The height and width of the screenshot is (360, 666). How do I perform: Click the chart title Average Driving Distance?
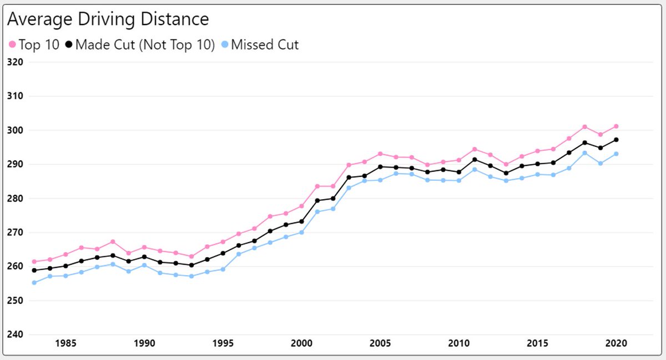(x=108, y=19)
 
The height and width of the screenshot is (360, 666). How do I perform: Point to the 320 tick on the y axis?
(x=14, y=62)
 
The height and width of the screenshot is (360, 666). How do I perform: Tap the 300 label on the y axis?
(x=14, y=130)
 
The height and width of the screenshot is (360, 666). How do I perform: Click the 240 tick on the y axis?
(x=14, y=334)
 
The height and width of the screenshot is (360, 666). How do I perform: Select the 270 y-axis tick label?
(x=14, y=232)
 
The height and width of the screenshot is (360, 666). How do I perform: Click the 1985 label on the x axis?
(x=65, y=343)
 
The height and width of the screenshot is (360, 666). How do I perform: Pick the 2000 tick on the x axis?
(x=301, y=343)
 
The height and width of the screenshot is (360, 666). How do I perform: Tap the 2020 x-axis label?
(x=616, y=343)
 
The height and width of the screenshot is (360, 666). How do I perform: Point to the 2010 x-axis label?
(x=458, y=343)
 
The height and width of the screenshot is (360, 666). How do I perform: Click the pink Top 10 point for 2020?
(x=616, y=126)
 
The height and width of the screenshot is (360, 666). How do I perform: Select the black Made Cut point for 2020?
(x=616, y=140)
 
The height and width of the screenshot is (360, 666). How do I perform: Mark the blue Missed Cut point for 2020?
(x=616, y=154)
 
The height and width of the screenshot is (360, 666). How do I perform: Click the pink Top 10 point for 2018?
(x=584, y=127)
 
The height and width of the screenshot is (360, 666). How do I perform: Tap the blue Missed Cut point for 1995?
(x=223, y=269)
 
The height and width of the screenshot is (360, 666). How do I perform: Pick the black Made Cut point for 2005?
(x=380, y=166)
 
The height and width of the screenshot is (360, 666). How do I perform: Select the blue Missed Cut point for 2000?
(x=301, y=232)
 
